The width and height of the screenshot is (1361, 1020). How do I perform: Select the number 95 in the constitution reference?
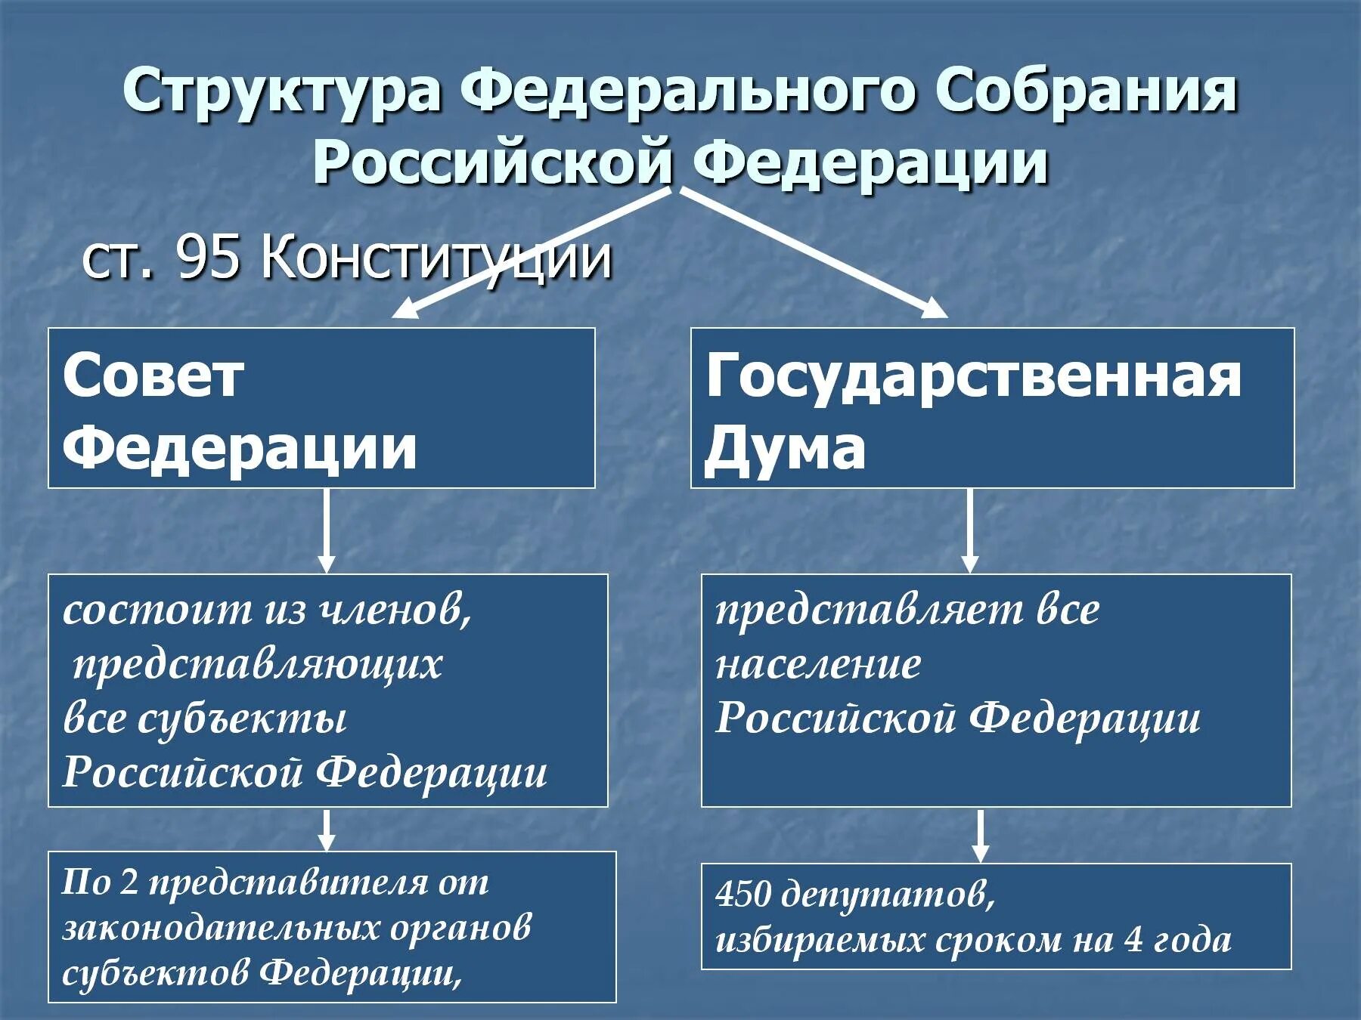pyautogui.click(x=209, y=259)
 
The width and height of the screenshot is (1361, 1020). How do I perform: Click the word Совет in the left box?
pyautogui.click(x=153, y=376)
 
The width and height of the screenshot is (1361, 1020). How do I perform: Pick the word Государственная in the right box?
pyautogui.click(x=974, y=376)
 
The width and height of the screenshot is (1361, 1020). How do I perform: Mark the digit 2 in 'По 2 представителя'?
pyautogui.click(x=129, y=882)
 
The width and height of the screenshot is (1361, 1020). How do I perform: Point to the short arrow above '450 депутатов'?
pyautogui.click(x=981, y=836)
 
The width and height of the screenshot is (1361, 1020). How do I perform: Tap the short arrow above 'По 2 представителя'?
pyautogui.click(x=326, y=830)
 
